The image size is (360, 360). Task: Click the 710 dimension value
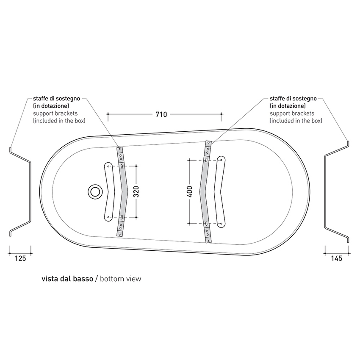coord(161,114)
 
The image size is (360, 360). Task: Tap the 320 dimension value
coord(136,192)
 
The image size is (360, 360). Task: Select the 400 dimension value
coord(190,191)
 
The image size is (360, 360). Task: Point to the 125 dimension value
coord(20,258)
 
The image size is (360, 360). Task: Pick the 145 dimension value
coord(337,258)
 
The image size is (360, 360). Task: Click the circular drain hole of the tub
coord(95,192)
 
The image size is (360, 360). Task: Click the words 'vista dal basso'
coord(67,279)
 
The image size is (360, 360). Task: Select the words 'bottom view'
coord(121,279)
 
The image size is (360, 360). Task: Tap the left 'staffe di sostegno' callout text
coord(56,99)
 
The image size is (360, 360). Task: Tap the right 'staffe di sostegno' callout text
coord(293,99)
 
